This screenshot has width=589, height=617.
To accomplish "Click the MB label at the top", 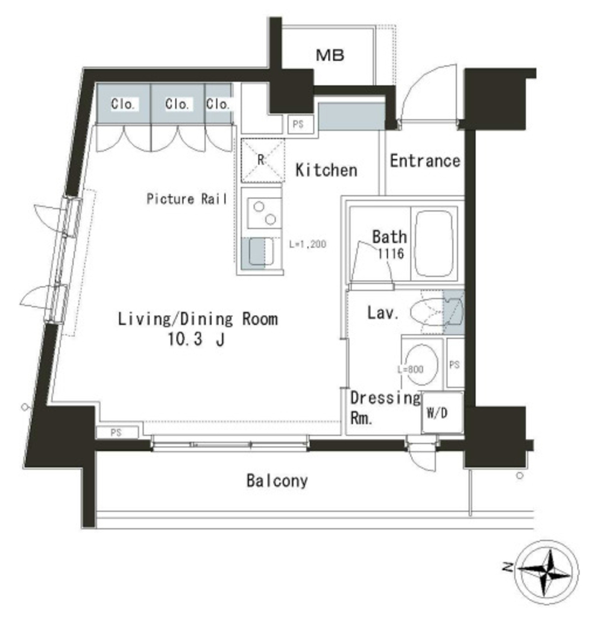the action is (330, 55).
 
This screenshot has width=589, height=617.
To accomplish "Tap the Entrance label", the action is (425, 161).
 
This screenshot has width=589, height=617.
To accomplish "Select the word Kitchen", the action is (326, 171).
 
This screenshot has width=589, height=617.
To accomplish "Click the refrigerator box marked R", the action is (263, 160).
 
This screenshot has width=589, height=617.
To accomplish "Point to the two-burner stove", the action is (265, 213).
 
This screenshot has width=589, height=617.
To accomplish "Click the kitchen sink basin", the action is (261, 251).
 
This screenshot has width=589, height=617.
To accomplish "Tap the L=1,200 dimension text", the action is (307, 245).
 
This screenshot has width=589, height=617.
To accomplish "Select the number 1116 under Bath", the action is (391, 254).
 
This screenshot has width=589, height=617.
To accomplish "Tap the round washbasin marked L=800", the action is (421, 363).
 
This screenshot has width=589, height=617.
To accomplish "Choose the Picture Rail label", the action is (187, 199).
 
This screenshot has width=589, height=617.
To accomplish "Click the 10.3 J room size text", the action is (196, 339).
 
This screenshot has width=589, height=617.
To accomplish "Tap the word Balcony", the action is (277, 481).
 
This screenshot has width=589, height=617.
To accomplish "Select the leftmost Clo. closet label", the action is (123, 104).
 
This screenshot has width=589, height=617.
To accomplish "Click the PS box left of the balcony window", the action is (117, 433).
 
